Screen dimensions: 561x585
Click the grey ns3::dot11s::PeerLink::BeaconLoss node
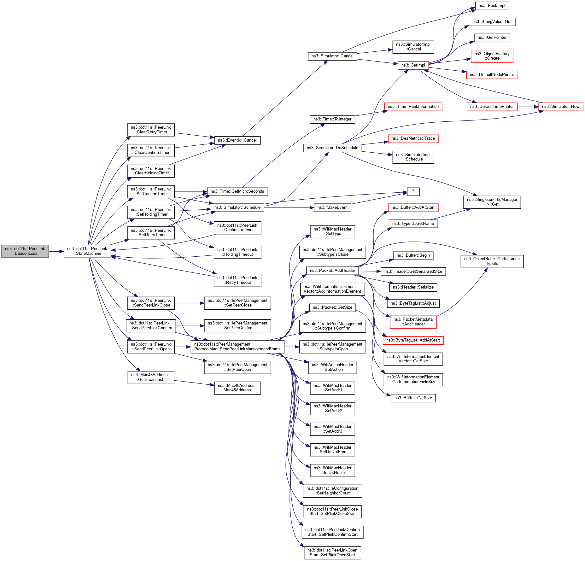[25, 251]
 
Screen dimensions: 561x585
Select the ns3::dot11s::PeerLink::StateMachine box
[87, 251]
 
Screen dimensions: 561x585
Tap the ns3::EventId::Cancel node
[237, 140]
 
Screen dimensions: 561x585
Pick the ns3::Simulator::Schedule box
[237, 207]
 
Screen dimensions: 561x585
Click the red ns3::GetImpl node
[413, 65]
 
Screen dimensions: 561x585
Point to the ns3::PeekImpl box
[492, 6]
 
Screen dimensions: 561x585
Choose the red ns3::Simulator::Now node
[560, 107]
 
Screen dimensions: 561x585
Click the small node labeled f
[413, 191]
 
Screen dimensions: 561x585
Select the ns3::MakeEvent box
[332, 207]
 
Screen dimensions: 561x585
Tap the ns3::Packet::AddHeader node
[332, 271]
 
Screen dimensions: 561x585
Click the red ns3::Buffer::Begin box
[413, 255]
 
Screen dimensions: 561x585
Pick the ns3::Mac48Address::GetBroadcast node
[151, 377]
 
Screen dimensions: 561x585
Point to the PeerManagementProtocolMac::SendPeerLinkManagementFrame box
[237, 347]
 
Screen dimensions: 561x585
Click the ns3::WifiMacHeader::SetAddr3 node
[332, 429]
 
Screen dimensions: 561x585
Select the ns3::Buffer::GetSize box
[413, 398]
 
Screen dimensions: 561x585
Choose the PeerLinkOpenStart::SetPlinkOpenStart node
[332, 553]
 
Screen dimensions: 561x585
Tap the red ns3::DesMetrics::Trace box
[413, 138]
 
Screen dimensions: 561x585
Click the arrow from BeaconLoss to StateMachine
[56, 251]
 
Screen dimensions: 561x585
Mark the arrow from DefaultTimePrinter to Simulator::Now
[528, 107]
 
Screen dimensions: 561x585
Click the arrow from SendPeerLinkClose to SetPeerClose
[189, 303]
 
